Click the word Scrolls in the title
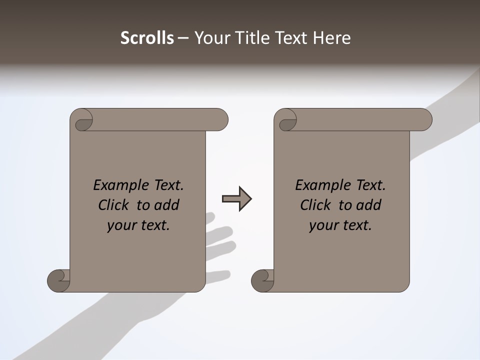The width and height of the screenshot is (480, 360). tap(147, 38)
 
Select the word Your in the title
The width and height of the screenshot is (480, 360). tap(213, 38)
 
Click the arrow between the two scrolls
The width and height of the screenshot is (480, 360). tap(236, 199)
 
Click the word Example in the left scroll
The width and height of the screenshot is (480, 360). tap(115, 185)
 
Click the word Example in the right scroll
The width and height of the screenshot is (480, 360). tap(317, 185)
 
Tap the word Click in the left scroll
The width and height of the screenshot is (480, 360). tap(114, 205)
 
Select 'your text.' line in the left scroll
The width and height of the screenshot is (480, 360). tap(138, 225)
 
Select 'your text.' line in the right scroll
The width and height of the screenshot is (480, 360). tap(340, 225)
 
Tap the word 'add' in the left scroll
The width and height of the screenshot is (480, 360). tap(167, 205)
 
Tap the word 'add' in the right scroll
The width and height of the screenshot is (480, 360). tap(369, 205)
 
